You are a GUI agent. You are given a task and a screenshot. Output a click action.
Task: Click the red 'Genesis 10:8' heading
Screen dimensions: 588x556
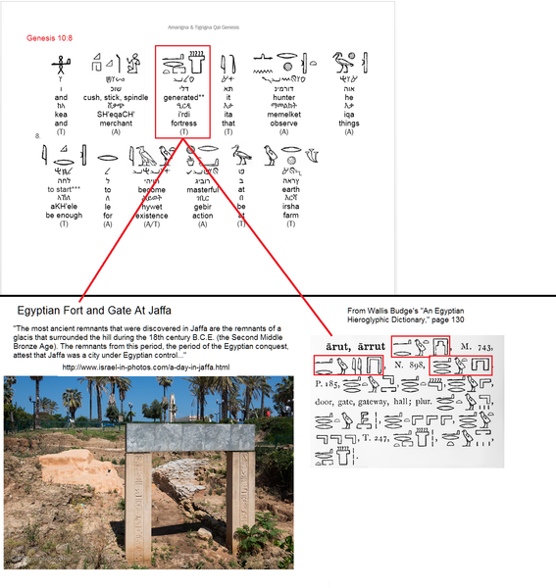pyautogui.click(x=50, y=37)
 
